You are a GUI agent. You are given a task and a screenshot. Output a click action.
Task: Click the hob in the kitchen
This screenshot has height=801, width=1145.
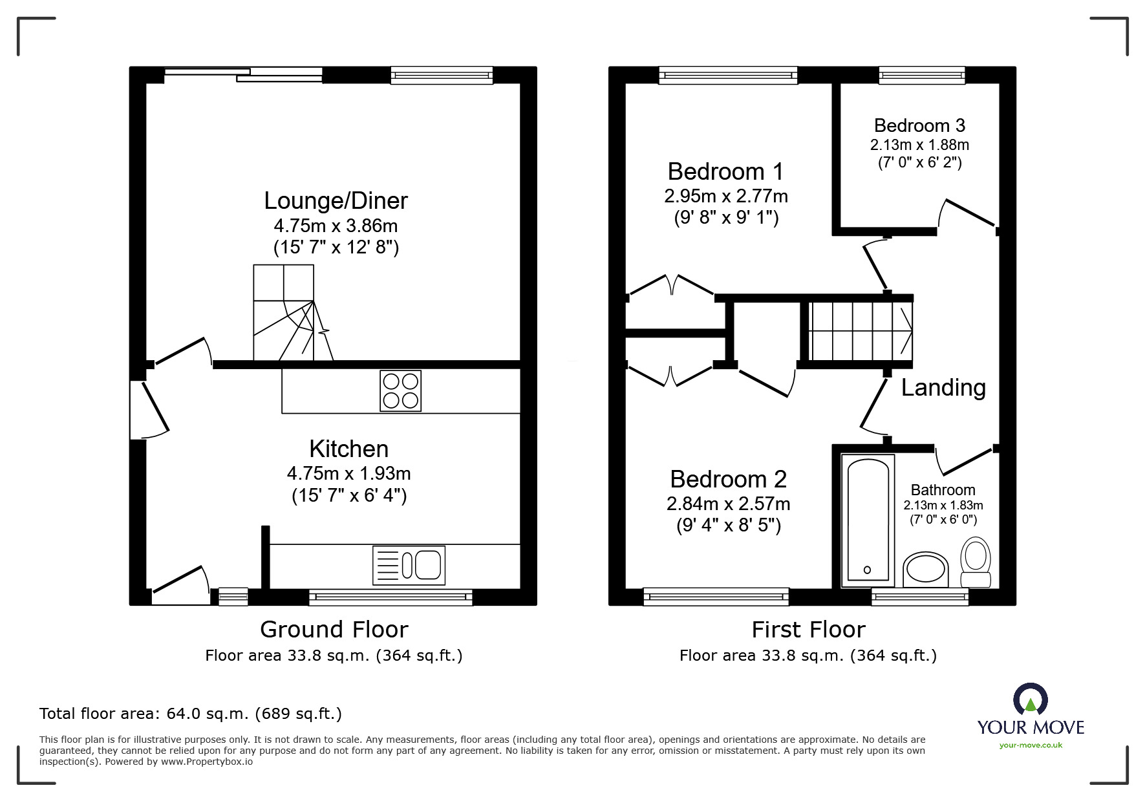click(x=400, y=391)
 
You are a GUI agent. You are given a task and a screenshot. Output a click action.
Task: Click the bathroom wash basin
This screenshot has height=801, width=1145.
click(x=925, y=570)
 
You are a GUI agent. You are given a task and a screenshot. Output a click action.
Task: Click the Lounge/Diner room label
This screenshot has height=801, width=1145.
click(x=336, y=200)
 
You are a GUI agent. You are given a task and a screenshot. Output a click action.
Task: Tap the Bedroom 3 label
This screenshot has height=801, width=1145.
click(x=919, y=125)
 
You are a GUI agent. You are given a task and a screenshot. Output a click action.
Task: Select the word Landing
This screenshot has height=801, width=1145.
click(x=943, y=387)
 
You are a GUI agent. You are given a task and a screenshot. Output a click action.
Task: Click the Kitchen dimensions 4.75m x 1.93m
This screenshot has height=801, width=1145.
click(x=348, y=473)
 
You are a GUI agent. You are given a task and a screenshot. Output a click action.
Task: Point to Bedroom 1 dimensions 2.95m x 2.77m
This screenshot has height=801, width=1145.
click(x=725, y=196)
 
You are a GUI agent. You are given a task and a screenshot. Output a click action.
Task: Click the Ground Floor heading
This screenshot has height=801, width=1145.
click(x=334, y=629)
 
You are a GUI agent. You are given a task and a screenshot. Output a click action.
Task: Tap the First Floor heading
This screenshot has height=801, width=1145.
click(x=808, y=629)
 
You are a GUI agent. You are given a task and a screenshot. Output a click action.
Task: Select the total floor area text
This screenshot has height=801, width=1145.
click(x=191, y=714)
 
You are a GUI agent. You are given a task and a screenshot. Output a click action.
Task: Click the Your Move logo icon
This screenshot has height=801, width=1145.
click(x=1030, y=700)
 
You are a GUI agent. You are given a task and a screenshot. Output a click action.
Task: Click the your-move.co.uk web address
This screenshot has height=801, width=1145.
click(x=1031, y=745)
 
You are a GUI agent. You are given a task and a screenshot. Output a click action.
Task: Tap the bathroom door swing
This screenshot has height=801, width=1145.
click(x=963, y=460)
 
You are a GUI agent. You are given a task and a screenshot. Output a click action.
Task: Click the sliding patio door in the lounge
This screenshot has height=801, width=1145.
click(x=244, y=74)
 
